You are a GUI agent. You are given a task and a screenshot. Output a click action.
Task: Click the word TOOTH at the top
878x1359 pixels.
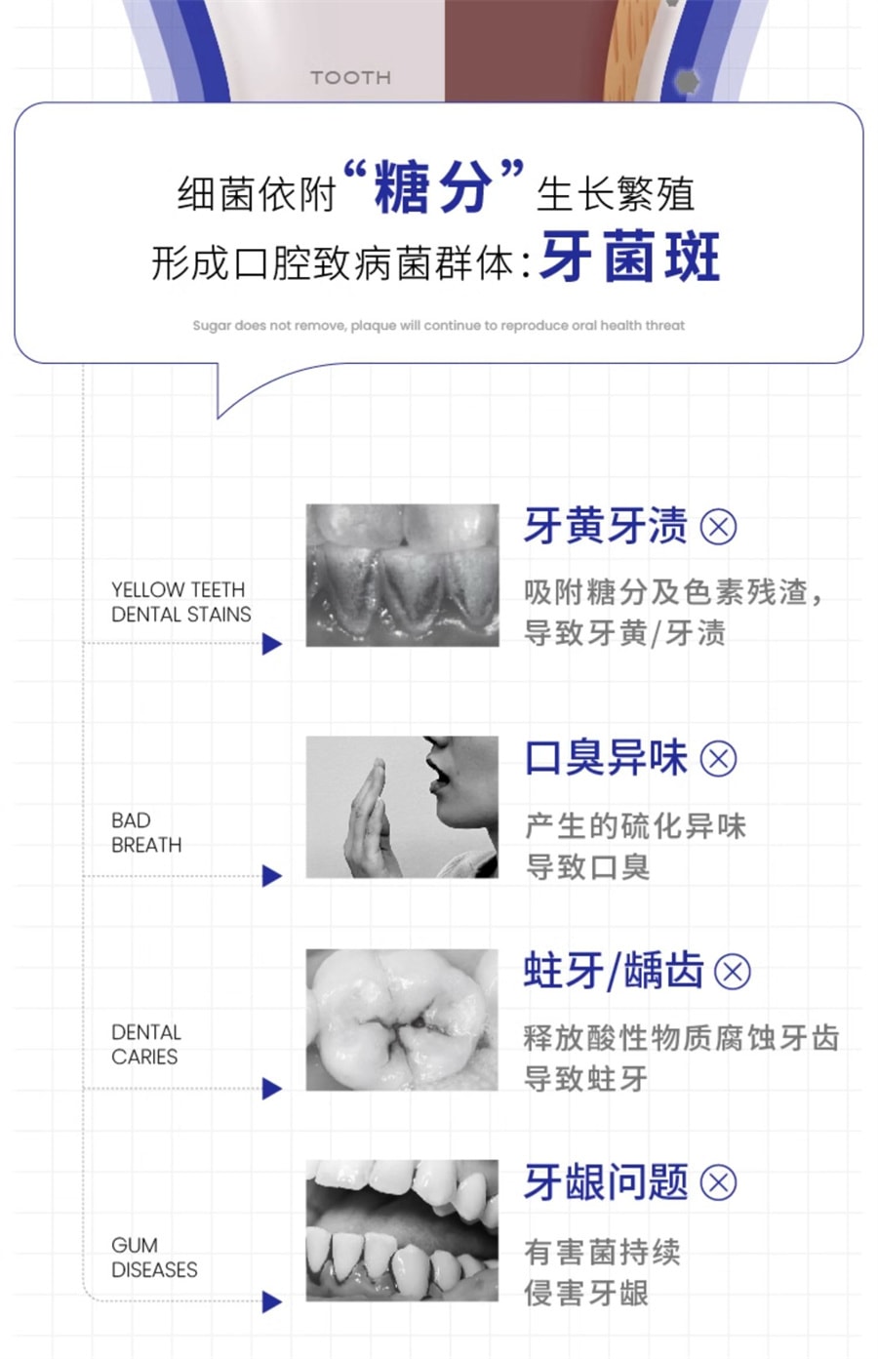tap(351, 78)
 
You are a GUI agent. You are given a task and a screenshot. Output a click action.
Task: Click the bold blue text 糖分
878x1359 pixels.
tap(432, 186)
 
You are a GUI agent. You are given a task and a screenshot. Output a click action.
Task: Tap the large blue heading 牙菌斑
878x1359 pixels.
tap(630, 257)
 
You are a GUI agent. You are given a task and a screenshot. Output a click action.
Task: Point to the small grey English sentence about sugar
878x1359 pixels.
tap(438, 325)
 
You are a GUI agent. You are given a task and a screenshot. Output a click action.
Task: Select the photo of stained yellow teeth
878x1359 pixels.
tap(402, 576)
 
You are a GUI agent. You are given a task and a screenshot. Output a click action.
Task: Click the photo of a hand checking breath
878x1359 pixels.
tap(402, 807)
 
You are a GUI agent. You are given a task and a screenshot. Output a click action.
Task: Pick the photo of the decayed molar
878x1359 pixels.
tap(402, 1019)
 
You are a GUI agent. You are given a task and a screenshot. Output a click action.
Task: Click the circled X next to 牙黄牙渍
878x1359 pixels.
tap(718, 527)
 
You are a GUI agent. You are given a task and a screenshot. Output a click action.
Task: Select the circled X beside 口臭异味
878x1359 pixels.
tap(718, 758)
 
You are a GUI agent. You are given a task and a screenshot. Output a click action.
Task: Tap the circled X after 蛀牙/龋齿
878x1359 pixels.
tap(733, 972)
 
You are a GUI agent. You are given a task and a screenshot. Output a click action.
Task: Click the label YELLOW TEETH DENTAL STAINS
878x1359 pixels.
tap(180, 602)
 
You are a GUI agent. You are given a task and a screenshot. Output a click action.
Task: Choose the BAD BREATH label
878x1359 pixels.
tap(146, 832)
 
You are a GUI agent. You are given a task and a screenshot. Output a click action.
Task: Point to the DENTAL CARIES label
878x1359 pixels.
tap(146, 1044)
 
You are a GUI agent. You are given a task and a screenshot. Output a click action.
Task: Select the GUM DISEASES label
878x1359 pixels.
tap(154, 1258)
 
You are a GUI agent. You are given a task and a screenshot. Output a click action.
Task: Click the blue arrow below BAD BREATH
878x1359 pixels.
tap(272, 876)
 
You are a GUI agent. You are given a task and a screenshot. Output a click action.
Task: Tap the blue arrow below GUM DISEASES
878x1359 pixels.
tap(272, 1302)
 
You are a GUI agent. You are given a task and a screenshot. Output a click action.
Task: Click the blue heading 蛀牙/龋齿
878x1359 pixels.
tap(614, 972)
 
